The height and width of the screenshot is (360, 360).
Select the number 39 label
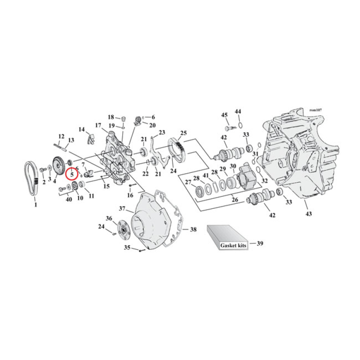[x=260, y=243]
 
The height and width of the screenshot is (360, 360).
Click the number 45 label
[x=224, y=115]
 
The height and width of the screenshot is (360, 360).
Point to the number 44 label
[x=238, y=111]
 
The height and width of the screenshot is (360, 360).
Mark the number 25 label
[x=183, y=133]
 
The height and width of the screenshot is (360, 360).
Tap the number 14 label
[x=81, y=130]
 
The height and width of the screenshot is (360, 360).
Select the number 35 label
[x=127, y=247]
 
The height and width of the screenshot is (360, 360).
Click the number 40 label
[x=68, y=199]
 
